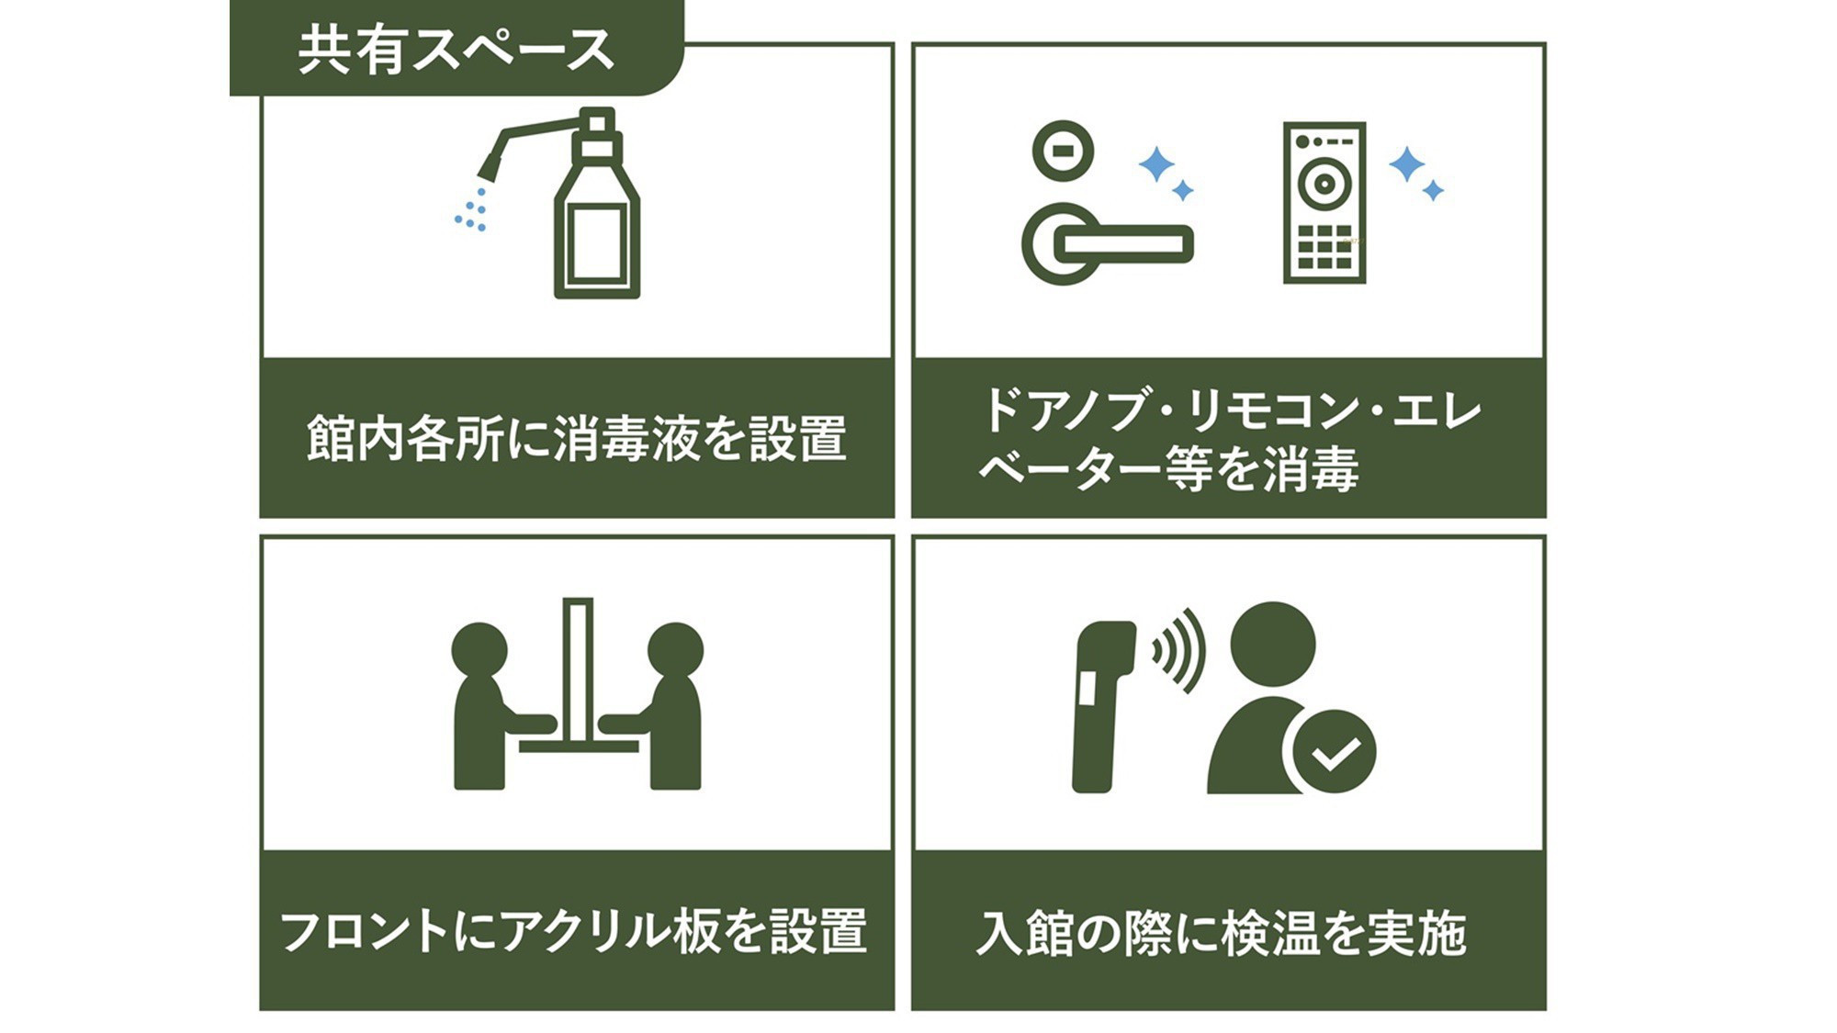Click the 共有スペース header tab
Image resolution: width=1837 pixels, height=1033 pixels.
456,48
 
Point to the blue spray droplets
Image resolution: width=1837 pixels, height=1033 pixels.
471,210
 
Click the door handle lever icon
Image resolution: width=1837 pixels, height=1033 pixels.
1107,243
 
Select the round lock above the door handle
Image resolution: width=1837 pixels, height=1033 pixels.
1063,151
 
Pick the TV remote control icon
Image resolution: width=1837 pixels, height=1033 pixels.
1324,203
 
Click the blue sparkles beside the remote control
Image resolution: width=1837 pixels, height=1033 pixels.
1415,174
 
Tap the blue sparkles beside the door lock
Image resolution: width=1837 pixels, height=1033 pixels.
1166,174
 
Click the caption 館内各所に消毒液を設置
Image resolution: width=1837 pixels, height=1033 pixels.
576,439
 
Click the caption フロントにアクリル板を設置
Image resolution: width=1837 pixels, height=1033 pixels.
573,931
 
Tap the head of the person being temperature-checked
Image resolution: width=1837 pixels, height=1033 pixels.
1272,645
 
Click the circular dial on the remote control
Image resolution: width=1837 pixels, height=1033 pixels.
1324,184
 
